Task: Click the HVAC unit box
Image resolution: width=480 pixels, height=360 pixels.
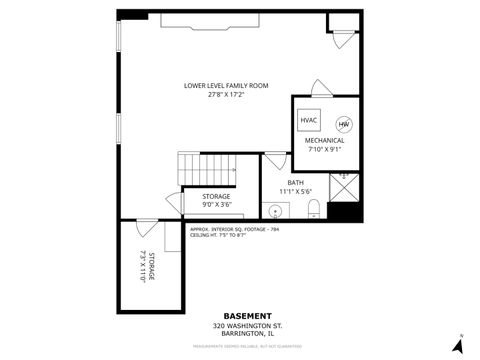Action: (x=309, y=121)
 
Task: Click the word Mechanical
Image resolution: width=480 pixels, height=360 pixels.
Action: (x=324, y=141)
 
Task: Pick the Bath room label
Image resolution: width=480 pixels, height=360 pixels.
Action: (x=295, y=182)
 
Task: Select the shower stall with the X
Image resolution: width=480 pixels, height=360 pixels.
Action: (x=346, y=186)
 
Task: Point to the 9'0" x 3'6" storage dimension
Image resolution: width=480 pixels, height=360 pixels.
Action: (x=216, y=204)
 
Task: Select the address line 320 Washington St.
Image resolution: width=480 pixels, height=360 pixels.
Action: (x=240, y=325)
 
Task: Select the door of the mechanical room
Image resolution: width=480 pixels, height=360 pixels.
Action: (x=320, y=87)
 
